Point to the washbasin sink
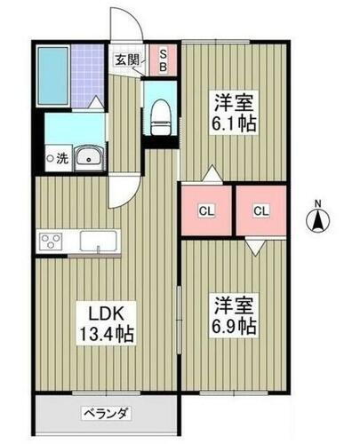[x=88, y=158]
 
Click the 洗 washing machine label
[x=58, y=160]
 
